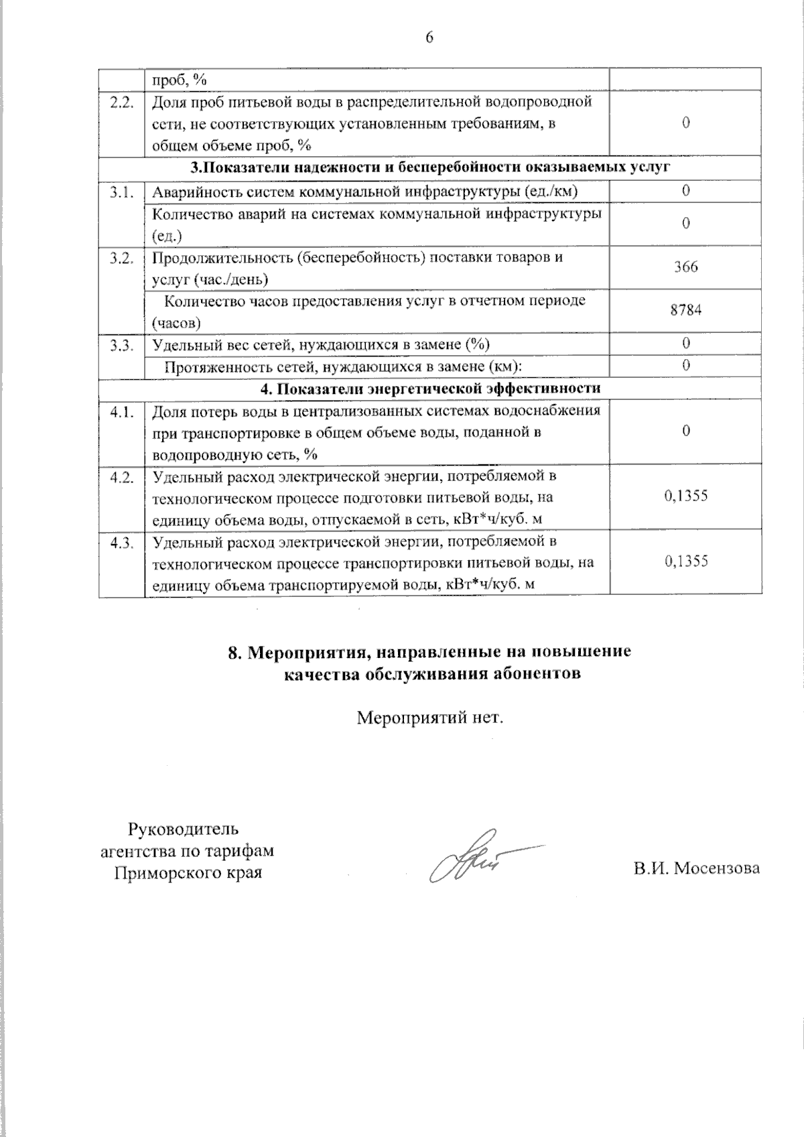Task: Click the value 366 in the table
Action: coord(685,267)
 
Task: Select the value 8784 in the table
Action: coord(685,310)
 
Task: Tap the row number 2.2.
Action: coord(122,103)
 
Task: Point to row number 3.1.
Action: coord(122,192)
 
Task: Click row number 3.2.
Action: coord(122,258)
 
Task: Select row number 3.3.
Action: coord(122,345)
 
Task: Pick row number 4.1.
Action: coord(122,411)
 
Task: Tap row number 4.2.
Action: coord(122,476)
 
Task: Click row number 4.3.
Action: coord(122,542)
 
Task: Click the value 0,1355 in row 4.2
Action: coord(685,496)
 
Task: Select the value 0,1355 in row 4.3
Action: coord(685,561)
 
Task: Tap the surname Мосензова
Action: coord(717,869)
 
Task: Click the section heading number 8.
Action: coord(234,653)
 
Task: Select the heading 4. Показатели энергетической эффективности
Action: coord(429,389)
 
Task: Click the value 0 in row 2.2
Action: coord(685,123)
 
